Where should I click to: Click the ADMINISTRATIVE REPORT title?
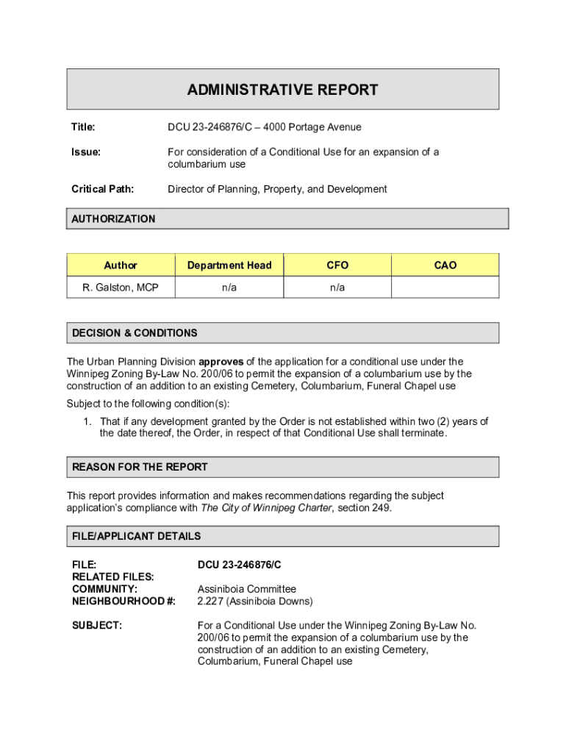282,90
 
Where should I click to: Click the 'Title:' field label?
83,127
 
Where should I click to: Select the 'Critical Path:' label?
102,189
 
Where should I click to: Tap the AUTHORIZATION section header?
113,218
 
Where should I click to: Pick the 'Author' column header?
121,265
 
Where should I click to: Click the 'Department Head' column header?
229,265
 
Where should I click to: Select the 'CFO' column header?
337,265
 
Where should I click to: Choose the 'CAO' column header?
445,265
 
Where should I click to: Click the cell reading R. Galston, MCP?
121,288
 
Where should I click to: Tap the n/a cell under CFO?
337,288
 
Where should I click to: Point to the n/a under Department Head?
229,288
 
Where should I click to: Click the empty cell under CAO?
445,288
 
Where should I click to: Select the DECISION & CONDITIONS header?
135,333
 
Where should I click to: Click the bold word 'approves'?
221,362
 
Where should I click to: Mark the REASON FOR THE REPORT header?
140,467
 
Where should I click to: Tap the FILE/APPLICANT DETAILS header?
136,536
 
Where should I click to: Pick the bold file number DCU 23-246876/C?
240,565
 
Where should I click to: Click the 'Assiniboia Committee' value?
247,589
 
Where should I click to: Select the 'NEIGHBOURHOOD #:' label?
123,601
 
